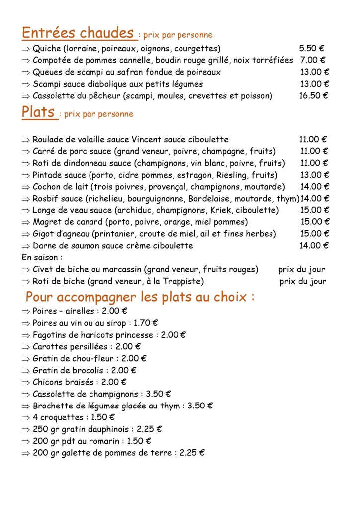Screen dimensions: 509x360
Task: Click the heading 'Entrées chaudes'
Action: point(78,33)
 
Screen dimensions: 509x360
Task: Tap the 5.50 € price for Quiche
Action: point(312,48)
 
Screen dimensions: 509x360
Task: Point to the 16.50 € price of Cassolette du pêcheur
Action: point(313,96)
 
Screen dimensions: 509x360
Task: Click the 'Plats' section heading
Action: point(38,112)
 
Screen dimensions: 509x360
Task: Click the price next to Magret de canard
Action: point(314,222)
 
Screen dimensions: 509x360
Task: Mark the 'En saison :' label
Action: point(42,257)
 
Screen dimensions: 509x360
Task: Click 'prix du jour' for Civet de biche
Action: point(301,269)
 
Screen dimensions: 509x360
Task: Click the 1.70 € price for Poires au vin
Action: point(146,323)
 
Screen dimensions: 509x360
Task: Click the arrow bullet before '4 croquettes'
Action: point(26,417)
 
